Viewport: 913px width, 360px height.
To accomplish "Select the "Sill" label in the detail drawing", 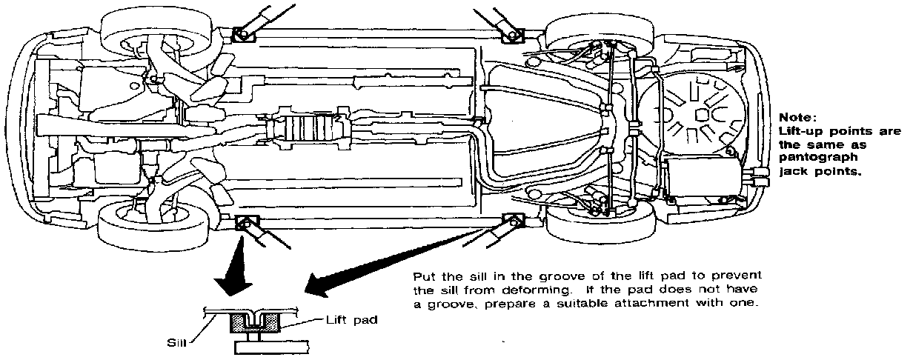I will (x=175, y=343).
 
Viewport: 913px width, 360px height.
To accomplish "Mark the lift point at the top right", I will (x=511, y=33).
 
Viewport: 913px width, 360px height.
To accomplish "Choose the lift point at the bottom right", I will (x=512, y=219).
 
